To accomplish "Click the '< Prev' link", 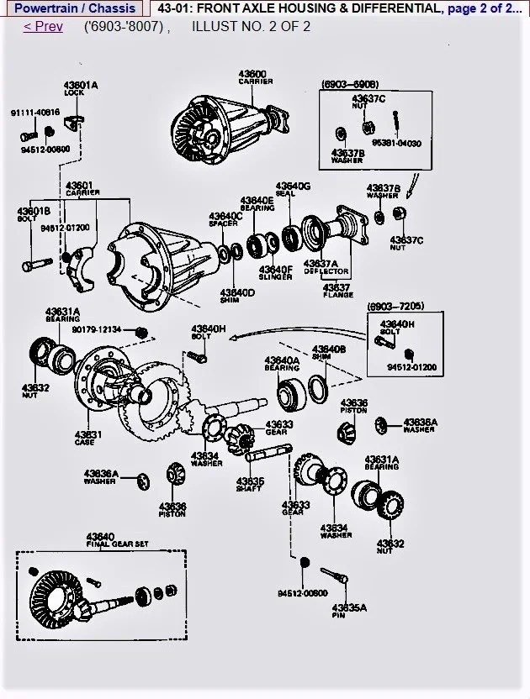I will tap(43, 26).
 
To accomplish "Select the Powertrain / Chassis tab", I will tap(75, 8).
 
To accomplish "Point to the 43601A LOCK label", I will tap(81, 89).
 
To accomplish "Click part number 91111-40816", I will tap(34, 112).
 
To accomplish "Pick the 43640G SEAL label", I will tap(293, 189).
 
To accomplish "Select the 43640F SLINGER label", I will tap(276, 273).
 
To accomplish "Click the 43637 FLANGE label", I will tap(337, 291).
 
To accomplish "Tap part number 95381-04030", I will tap(396, 144).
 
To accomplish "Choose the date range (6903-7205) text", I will tap(395, 307).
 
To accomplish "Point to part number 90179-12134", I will tap(96, 329).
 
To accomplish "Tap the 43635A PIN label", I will tap(349, 611).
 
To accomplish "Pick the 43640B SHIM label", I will tap(329, 352).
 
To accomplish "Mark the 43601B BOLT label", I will tap(34, 215).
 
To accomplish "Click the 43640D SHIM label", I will tap(238, 296).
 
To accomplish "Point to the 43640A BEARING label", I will tap(282, 364).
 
